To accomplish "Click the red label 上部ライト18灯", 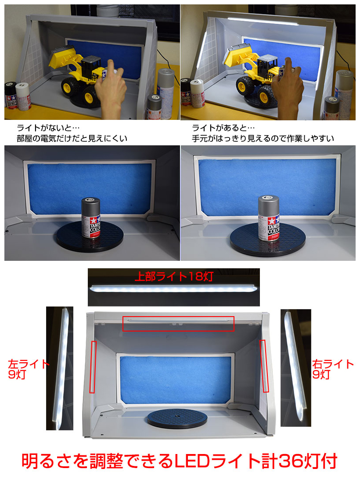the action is tap(174, 276).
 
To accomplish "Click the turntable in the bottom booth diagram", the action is tap(177, 418).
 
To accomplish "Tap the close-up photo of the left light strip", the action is tap(60, 368).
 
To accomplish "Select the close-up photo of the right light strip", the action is tap(295, 368).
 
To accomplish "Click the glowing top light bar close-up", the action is tap(174, 288).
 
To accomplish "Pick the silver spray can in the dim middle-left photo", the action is tap(91, 218).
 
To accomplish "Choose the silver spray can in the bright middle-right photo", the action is tap(269, 218).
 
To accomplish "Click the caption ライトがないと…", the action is tap(48, 127).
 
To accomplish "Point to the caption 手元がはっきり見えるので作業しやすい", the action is tap(263, 138).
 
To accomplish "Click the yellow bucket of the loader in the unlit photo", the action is tap(63, 58).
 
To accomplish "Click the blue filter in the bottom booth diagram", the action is tap(175, 379).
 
